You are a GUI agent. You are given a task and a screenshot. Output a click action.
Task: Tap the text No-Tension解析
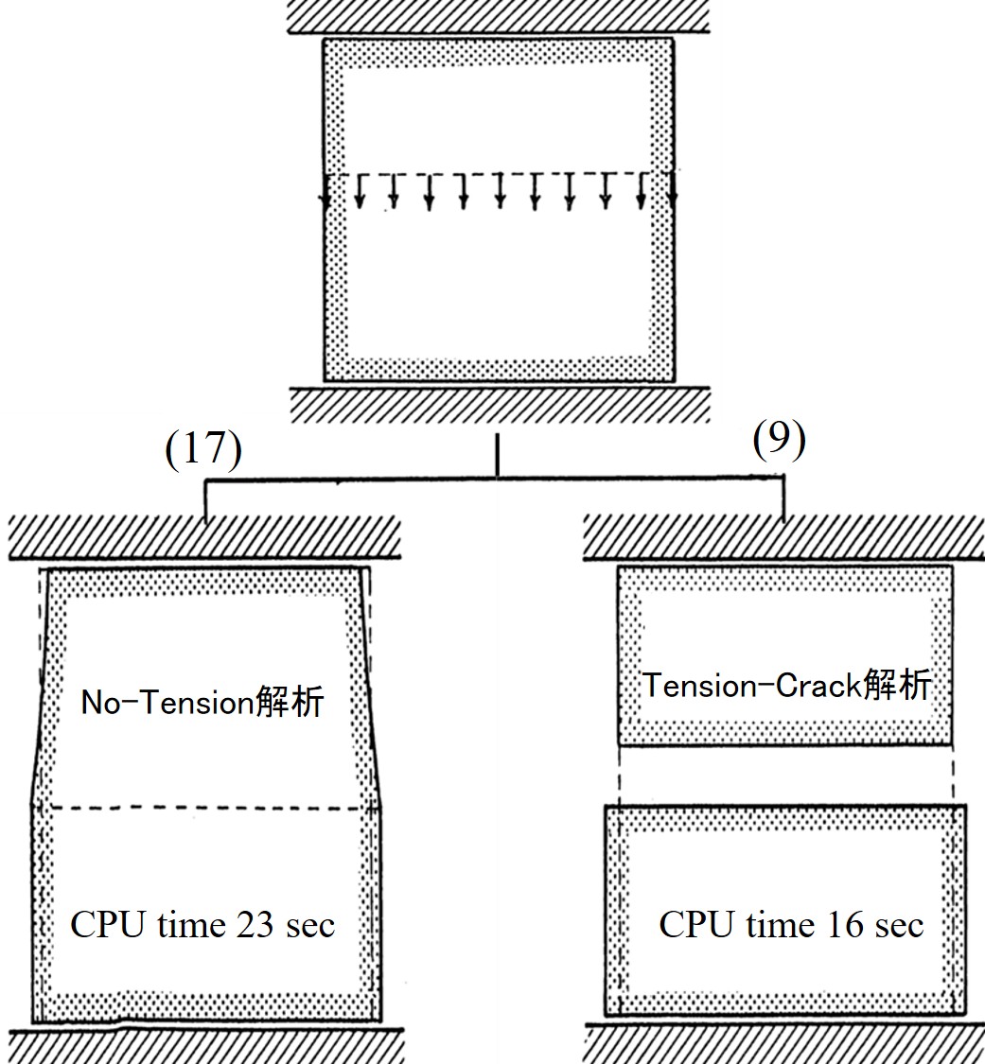coord(202,703)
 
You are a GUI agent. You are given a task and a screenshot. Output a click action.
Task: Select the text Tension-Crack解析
coord(787,686)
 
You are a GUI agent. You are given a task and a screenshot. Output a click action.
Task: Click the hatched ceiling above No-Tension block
coord(203,538)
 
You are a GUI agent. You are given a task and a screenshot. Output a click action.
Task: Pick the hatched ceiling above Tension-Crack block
coord(784,540)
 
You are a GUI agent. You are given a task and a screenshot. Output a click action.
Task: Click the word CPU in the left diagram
coord(106,924)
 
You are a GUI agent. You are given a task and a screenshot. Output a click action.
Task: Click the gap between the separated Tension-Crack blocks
coord(784,775)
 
